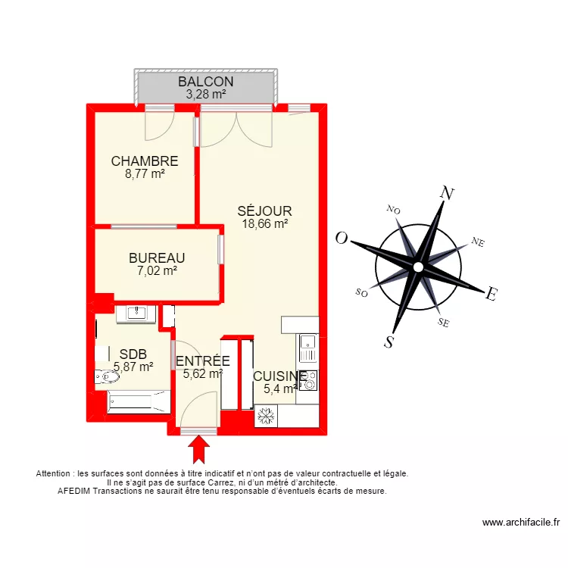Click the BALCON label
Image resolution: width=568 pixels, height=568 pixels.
click(x=205, y=82)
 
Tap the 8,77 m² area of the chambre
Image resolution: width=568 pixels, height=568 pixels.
click(x=145, y=173)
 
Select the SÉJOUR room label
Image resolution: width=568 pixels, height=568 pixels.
click(x=264, y=211)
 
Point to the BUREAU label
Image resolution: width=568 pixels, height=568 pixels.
click(x=157, y=258)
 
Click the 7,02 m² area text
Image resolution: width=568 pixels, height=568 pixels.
click(x=157, y=270)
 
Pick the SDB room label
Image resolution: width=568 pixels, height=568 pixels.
click(x=133, y=354)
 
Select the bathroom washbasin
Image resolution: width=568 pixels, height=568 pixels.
click(x=136, y=314)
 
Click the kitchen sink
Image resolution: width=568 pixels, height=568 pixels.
click(x=307, y=348)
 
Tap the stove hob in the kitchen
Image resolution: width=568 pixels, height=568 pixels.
click(x=308, y=381)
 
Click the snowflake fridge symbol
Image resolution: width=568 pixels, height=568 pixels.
click(x=266, y=416)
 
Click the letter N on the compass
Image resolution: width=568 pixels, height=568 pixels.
click(x=447, y=194)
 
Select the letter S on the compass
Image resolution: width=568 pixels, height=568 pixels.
click(x=389, y=342)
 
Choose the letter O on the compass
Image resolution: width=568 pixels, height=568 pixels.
click(x=342, y=239)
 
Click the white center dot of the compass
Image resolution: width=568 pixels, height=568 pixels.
click(x=418, y=267)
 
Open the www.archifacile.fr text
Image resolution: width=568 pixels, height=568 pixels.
click(x=520, y=523)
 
